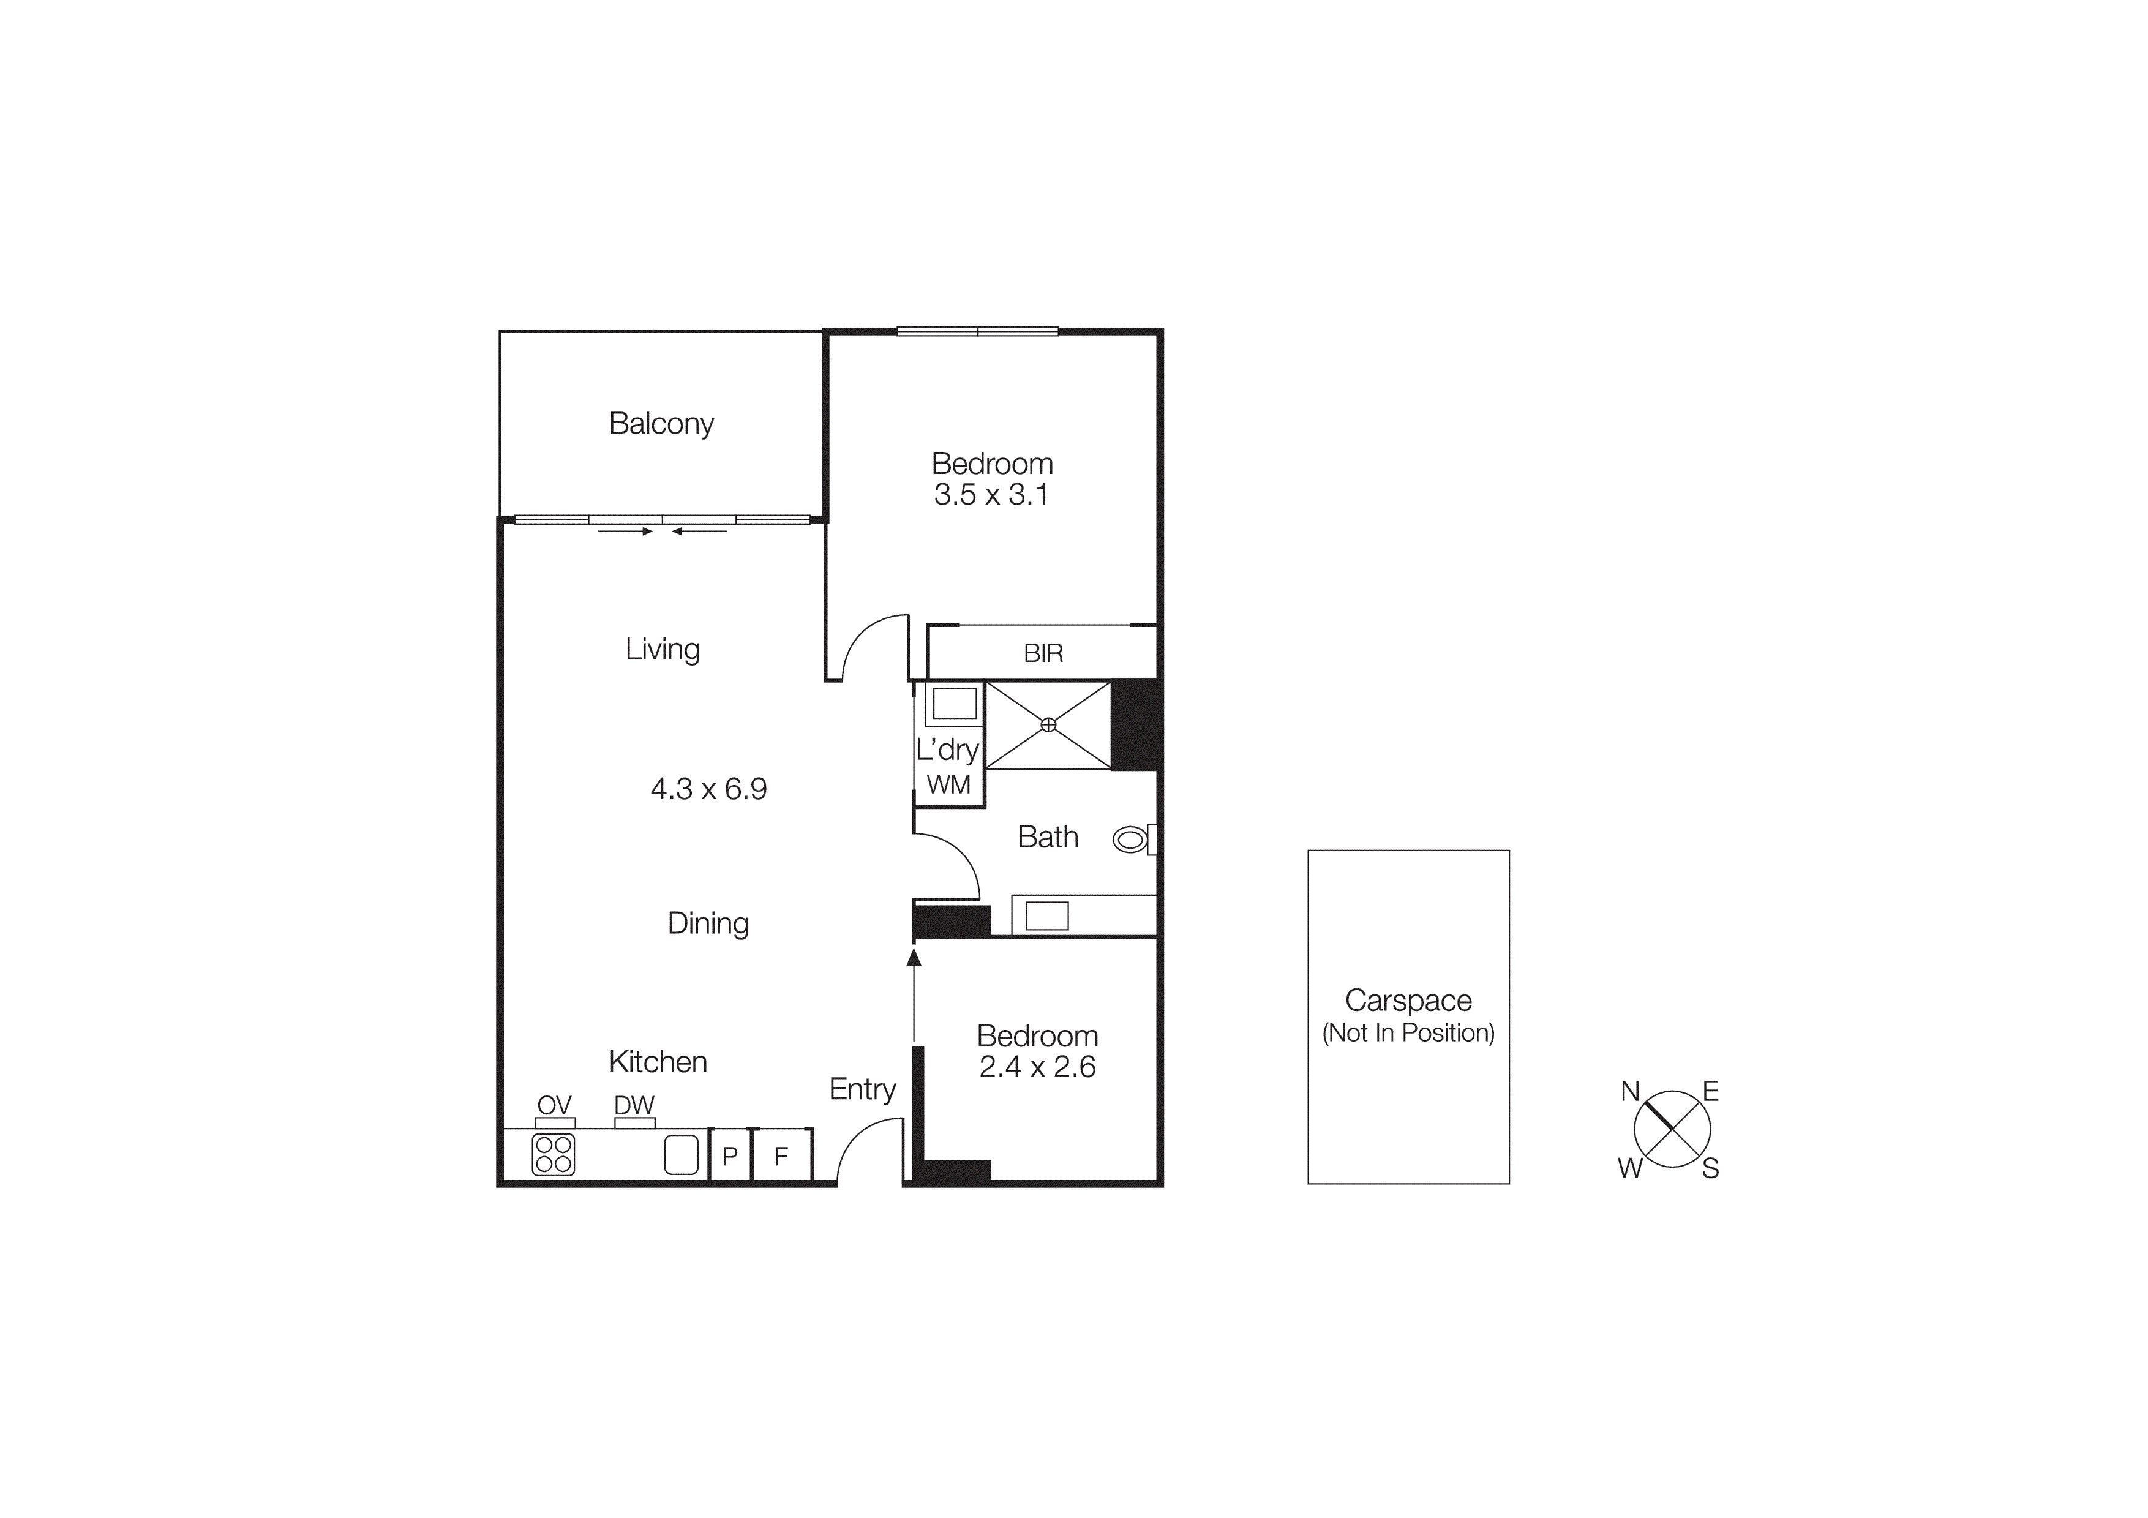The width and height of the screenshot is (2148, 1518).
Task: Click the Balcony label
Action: tap(661, 424)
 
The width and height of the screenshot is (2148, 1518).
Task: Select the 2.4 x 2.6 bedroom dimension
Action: tap(1037, 1067)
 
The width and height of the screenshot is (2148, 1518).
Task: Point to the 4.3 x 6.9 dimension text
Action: tap(708, 789)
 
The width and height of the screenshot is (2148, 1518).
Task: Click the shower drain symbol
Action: tap(1049, 725)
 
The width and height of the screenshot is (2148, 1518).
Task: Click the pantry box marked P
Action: tap(730, 1156)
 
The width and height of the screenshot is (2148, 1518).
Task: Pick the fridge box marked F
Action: tap(781, 1156)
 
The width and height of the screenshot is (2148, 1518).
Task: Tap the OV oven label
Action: tap(554, 1105)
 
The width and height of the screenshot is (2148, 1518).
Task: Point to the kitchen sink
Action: tap(681, 1154)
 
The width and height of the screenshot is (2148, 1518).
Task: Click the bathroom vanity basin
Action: tap(1047, 915)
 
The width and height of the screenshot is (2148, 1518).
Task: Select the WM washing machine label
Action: tap(948, 785)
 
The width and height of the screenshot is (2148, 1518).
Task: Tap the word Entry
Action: tap(862, 1089)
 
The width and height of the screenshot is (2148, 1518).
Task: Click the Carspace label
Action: tap(1408, 1001)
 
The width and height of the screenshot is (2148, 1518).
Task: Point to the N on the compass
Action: tap(1630, 1091)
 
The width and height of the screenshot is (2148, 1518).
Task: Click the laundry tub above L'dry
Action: tap(954, 702)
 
